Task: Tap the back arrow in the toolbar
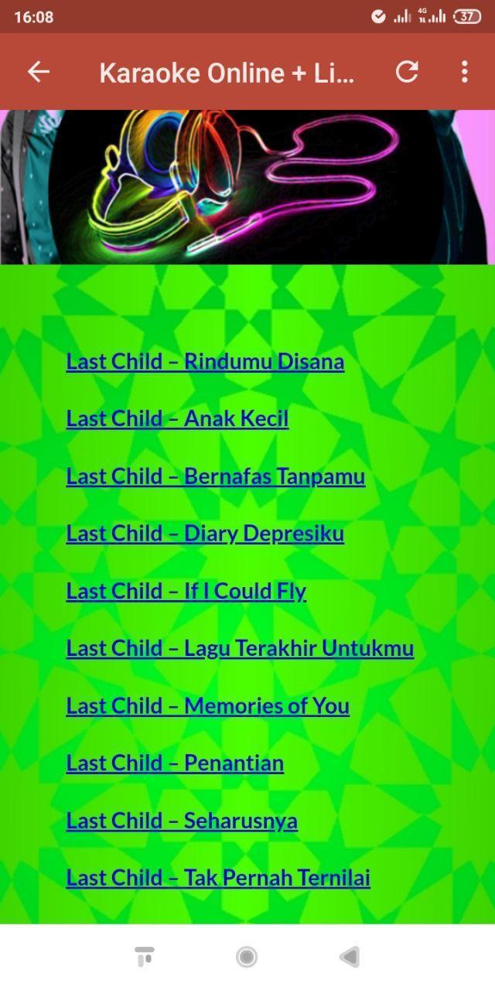39,72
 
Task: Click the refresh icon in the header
407,72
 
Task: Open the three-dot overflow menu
465,72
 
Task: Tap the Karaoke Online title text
227,73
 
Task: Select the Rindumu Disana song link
205,361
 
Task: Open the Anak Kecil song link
177,418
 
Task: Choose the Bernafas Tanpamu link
216,476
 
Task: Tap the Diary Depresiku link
205,534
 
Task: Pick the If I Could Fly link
186,592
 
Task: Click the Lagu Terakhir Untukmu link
240,649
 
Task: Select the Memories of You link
208,706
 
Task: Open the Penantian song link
175,763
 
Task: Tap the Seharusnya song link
182,821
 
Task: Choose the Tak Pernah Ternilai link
218,878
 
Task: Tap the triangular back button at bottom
350,958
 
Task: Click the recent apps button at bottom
145,957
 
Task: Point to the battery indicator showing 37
467,17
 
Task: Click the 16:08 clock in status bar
33,17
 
